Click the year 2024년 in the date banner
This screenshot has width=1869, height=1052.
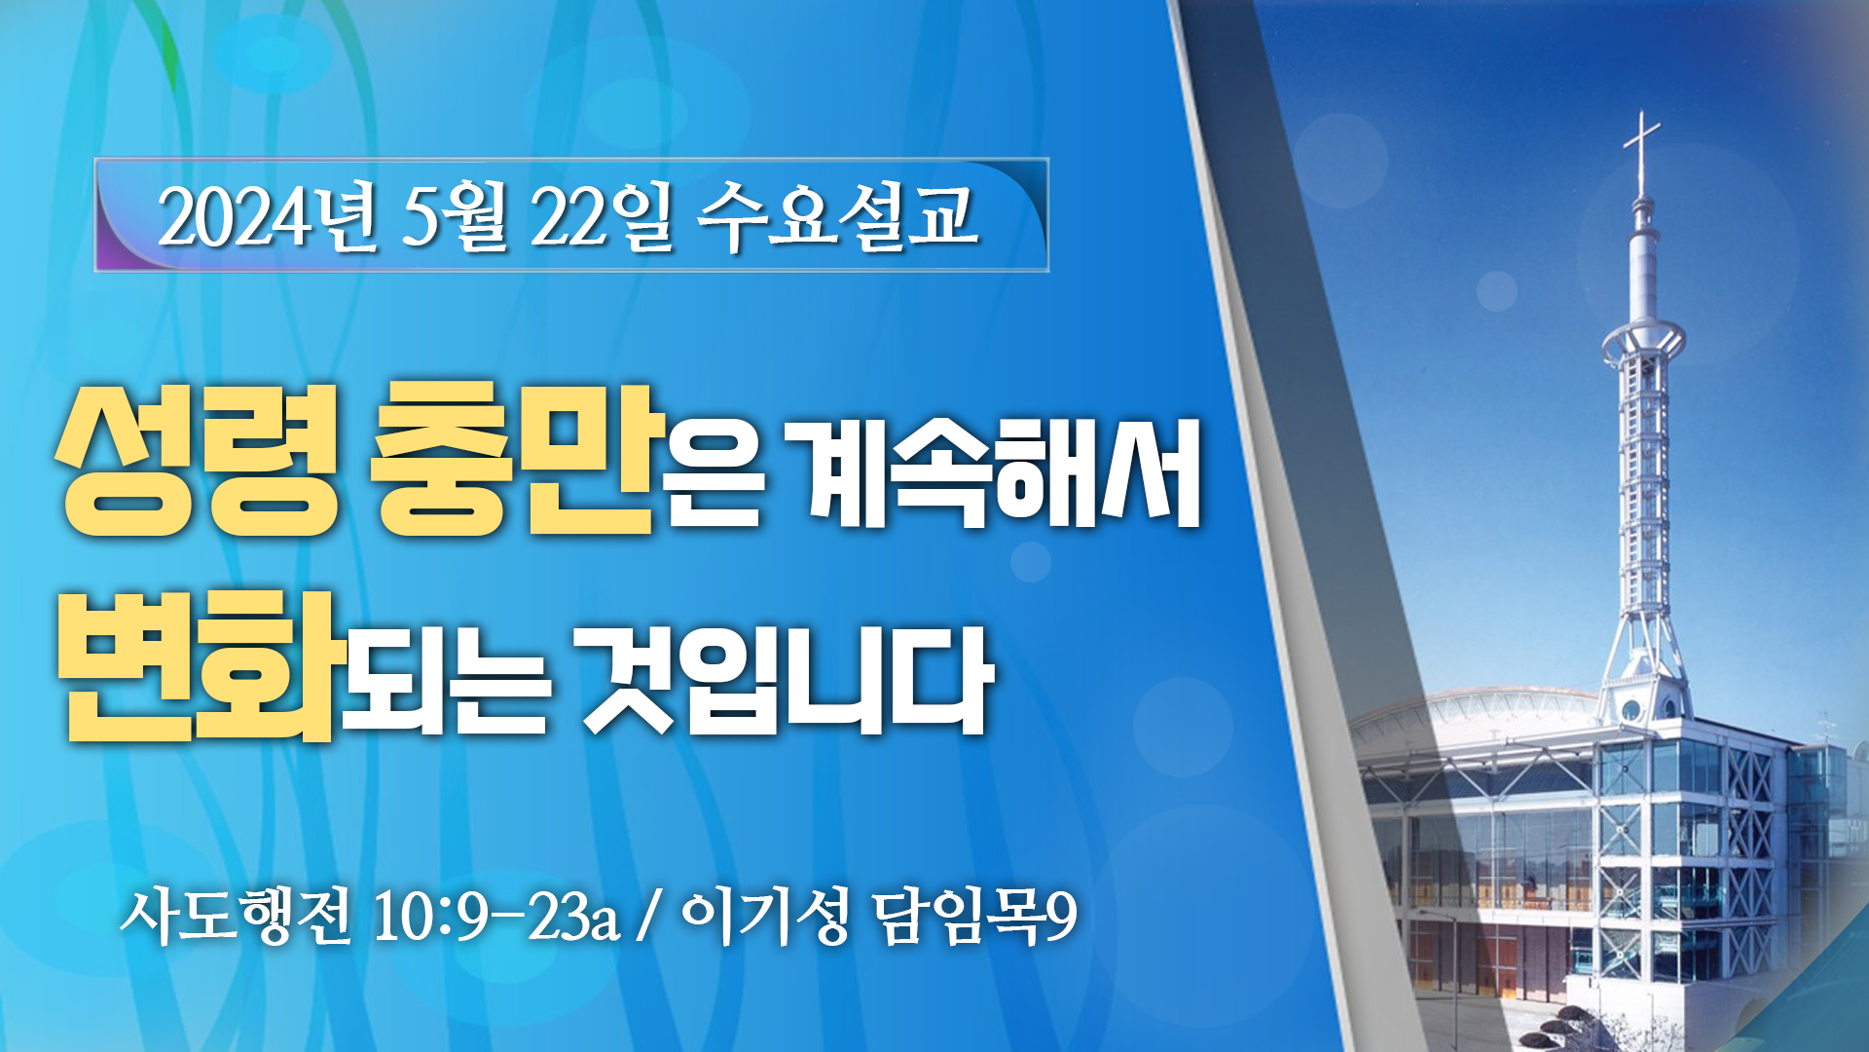(x=267, y=217)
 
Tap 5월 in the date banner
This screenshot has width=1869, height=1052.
(x=455, y=217)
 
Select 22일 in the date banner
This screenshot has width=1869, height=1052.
(x=602, y=217)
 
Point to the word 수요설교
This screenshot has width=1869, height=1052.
(x=837, y=216)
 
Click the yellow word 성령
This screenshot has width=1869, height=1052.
(x=198, y=461)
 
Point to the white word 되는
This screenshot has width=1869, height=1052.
(x=445, y=681)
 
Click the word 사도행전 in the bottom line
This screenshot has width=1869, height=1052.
(x=235, y=916)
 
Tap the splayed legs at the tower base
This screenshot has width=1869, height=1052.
(x=1643, y=643)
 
